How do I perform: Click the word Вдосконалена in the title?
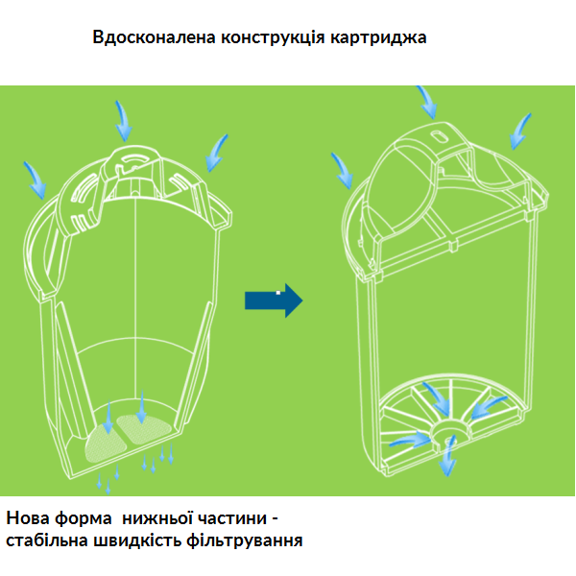click(154, 38)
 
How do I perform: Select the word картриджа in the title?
click(377, 38)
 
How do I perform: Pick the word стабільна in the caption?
click(48, 540)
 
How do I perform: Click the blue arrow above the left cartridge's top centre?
click(124, 120)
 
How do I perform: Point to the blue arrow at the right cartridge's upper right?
click(519, 132)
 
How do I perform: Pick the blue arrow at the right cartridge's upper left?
click(343, 171)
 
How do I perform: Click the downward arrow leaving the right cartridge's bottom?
click(447, 459)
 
